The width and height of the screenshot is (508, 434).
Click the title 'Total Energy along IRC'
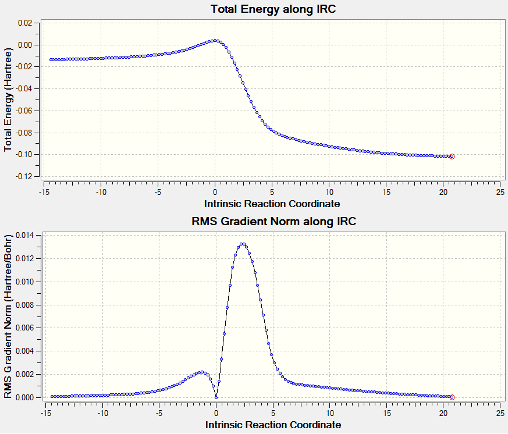(x=272, y=9)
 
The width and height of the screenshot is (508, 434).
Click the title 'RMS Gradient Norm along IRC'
(x=273, y=222)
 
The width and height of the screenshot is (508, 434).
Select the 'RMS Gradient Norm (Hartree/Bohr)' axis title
(x=9, y=317)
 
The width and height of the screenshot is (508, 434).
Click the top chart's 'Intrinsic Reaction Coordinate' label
(x=272, y=204)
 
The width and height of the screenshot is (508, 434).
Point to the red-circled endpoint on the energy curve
(x=452, y=156)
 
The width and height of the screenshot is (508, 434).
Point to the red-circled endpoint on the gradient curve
(x=452, y=397)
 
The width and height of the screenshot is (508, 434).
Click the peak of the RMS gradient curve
(x=243, y=244)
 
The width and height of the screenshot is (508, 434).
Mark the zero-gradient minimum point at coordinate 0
(x=216, y=397)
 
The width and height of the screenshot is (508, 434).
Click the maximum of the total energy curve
(x=215, y=40)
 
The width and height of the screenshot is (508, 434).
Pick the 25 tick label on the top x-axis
(x=500, y=191)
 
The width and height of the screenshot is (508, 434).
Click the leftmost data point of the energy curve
(x=51, y=59)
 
